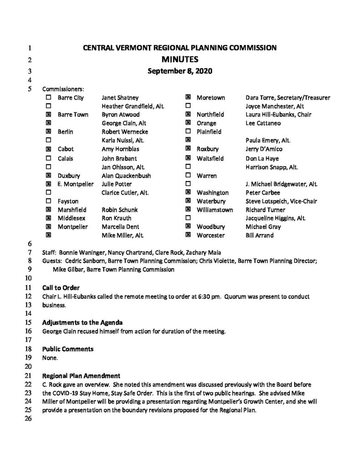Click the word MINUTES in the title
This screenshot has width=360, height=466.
pyautogui.click(x=179, y=59)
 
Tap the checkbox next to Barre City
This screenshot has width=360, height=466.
pyautogui.click(x=49, y=97)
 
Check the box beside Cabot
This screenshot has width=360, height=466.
pyautogui.click(x=49, y=149)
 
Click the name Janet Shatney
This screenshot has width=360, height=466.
pyautogui.click(x=120, y=97)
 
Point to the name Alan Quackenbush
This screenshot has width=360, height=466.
pyautogui.click(x=127, y=175)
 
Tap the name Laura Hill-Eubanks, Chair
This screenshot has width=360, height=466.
pyautogui.click(x=275, y=115)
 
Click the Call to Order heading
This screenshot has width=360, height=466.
pyautogui.click(x=61, y=288)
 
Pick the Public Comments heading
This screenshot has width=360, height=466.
pyautogui.click(x=68, y=349)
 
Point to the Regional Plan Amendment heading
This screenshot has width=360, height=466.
pyautogui.click(x=81, y=376)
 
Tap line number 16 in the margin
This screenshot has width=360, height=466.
pyautogui.click(x=28, y=331)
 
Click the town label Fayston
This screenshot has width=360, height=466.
pyautogui.click(x=68, y=201)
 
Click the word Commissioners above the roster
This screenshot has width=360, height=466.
pyautogui.click(x=63, y=89)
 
